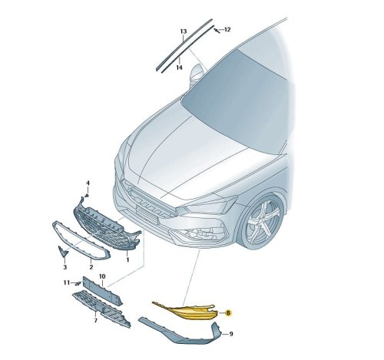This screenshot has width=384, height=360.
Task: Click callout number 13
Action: tap(184, 31)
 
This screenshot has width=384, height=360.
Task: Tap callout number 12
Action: tap(227, 30)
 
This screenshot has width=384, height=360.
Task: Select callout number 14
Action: tap(179, 68)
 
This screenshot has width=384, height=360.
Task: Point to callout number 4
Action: tap(88, 183)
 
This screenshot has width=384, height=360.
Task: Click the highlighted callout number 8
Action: tap(228, 312)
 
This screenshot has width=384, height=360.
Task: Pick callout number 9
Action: tap(231, 334)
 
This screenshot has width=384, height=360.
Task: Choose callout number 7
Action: tap(95, 320)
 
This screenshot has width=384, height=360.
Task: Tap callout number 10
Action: tap(102, 276)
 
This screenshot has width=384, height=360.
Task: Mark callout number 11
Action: tap(67, 282)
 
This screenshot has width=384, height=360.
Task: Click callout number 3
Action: tap(65, 267)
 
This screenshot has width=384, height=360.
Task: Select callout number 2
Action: tap(91, 267)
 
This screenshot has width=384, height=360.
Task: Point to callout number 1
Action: tap(127, 260)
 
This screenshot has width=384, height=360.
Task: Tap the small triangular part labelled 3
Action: tap(62, 251)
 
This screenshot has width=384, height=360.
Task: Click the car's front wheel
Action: tap(263, 223)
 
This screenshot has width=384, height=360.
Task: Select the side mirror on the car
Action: tap(197, 73)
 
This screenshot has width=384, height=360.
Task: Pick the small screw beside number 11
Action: tap(78, 283)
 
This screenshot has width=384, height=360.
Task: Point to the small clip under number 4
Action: tap(87, 196)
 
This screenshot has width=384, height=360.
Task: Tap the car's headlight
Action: tap(209, 205)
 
